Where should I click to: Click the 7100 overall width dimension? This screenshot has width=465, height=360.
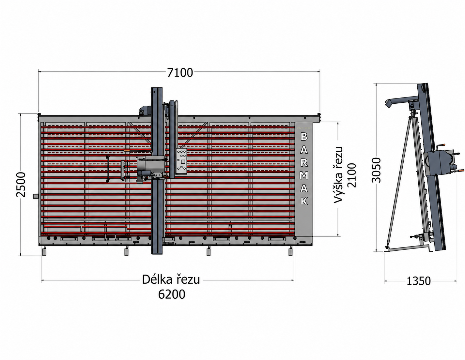[x=180, y=73]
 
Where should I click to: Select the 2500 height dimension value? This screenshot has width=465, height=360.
[x=21, y=185]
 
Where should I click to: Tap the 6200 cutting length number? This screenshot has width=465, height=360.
[x=172, y=294]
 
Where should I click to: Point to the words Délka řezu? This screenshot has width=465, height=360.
[x=171, y=280]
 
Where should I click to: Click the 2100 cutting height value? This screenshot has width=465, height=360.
[x=352, y=175]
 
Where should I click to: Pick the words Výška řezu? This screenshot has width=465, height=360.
[x=338, y=175]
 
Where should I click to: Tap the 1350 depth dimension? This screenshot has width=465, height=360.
[x=418, y=281]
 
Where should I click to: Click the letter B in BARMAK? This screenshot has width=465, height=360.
[x=304, y=137]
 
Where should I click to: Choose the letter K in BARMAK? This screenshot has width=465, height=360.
[x=304, y=201]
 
